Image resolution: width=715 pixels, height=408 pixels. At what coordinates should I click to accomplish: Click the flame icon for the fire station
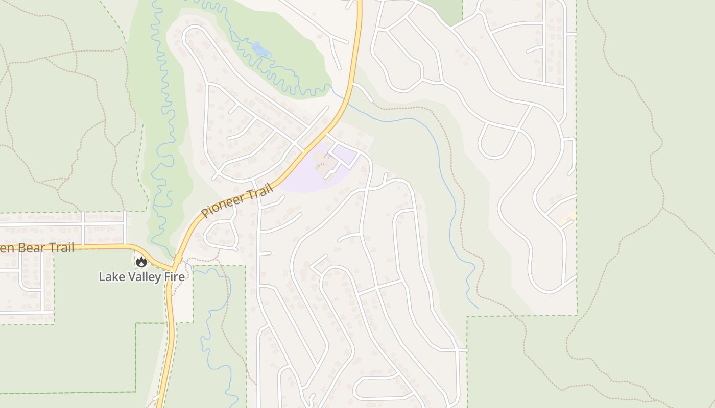(x=141, y=262)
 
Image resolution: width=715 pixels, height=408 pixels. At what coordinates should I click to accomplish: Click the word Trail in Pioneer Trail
(x=260, y=193)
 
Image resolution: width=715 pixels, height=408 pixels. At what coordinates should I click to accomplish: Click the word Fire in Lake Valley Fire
(x=173, y=277)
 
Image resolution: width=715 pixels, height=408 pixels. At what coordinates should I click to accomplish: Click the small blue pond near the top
(x=260, y=49)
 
